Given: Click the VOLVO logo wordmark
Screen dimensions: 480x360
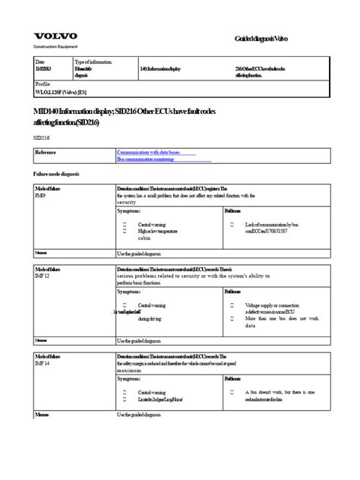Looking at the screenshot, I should click(57, 36).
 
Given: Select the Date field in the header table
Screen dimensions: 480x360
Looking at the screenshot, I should click(40, 65).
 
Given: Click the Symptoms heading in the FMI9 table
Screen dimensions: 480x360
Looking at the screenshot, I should click(128, 210).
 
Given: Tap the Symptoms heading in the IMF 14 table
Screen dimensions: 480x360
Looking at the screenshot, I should click(128, 377).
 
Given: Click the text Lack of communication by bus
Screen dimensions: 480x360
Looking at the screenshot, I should click(276, 225).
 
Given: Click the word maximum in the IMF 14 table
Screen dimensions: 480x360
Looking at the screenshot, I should click(130, 369).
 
